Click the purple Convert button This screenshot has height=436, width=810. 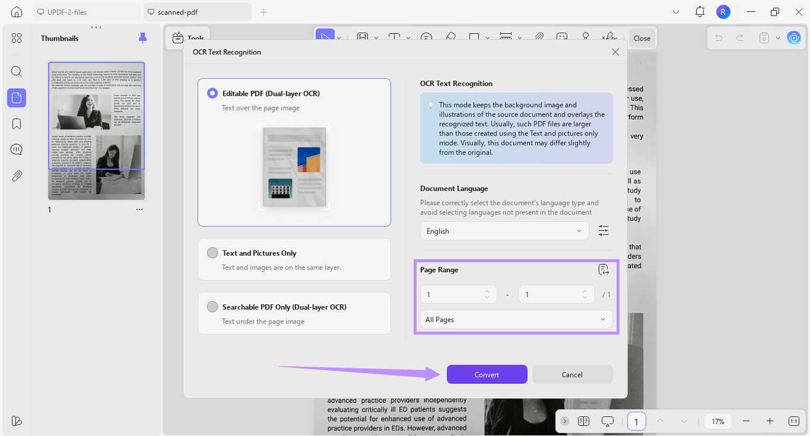(x=487, y=374)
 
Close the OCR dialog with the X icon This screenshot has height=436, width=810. (x=615, y=52)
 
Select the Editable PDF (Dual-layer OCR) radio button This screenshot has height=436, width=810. (x=212, y=93)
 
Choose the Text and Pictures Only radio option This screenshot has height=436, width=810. (x=212, y=253)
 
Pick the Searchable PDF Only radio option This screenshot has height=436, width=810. (x=212, y=307)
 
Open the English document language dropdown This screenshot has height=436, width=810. (x=504, y=231)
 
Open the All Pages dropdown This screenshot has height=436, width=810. (x=516, y=319)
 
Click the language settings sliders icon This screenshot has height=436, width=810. (x=603, y=231)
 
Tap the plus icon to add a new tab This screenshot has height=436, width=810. (x=264, y=12)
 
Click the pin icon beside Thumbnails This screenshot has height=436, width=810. (x=142, y=39)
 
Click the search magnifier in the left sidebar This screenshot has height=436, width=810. (x=17, y=72)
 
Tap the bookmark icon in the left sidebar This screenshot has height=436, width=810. (x=17, y=124)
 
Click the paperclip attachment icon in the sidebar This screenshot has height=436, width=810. (x=17, y=176)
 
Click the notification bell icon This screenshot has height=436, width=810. (x=700, y=12)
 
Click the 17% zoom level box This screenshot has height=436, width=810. (x=718, y=421)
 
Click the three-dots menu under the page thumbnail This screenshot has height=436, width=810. (x=139, y=209)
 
